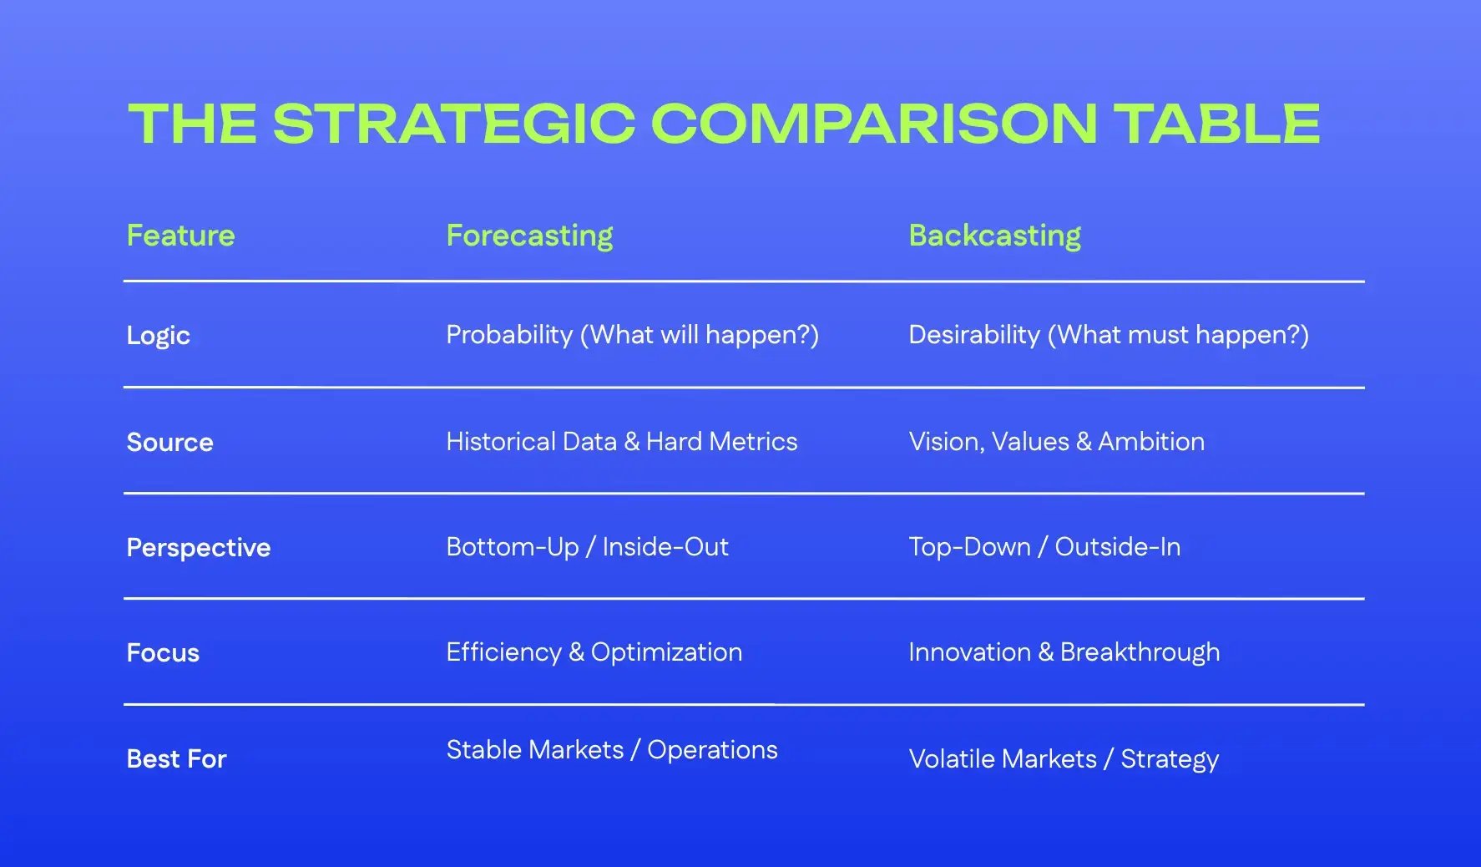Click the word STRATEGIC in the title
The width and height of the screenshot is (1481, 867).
coord(454,124)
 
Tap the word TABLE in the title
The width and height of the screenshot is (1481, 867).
coord(1219,124)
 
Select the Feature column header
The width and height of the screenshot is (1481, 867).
coord(180,236)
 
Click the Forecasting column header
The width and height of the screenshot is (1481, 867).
coord(529,236)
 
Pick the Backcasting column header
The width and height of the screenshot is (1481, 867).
coord(994,236)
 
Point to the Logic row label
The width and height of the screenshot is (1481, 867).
coord(159,336)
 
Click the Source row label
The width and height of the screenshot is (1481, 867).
coord(169,442)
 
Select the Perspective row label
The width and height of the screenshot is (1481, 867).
coord(199,547)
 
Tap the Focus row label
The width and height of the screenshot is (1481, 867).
coord(163,652)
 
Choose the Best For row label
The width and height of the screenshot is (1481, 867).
coord(176,758)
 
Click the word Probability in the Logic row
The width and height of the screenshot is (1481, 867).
coord(509,335)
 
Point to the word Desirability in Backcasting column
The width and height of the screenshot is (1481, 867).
coord(973,335)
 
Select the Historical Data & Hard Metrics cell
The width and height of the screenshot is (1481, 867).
coord(621,441)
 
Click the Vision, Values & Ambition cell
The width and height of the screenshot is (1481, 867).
coord(1056,441)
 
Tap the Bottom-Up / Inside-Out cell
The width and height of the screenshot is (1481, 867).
coord(587,546)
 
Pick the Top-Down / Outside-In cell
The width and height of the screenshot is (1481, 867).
coord(1044,546)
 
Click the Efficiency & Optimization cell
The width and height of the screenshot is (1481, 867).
coord(594,652)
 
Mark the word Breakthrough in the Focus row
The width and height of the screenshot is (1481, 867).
coord(1140,652)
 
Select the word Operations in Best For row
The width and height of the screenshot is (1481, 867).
coord(712,750)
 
